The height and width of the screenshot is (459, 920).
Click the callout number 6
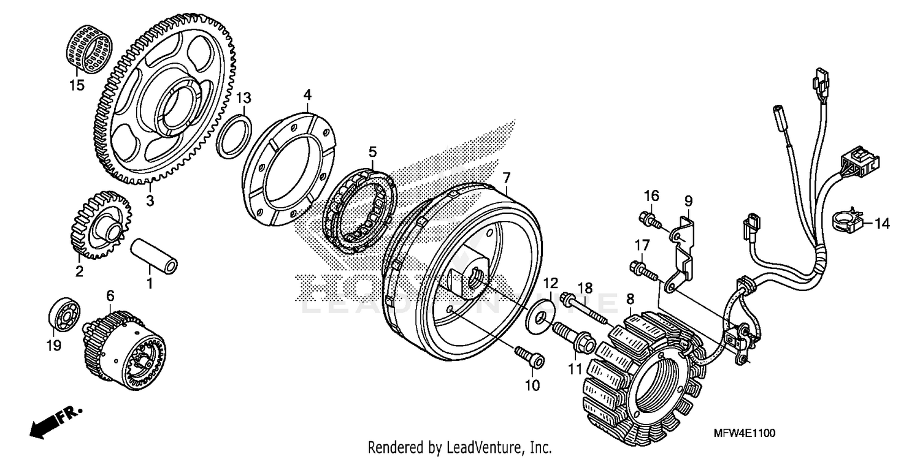point(110,295)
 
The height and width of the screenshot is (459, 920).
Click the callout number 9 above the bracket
point(688,200)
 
